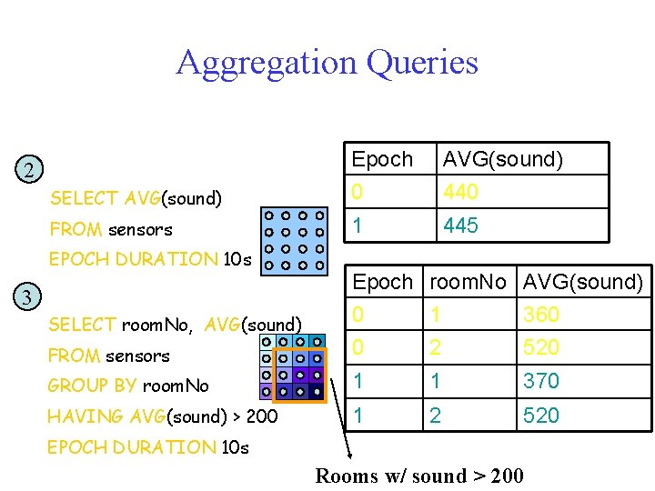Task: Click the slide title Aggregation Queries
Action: [327, 63]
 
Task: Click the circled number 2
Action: [30, 170]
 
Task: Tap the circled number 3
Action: [28, 296]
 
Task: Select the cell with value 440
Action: [460, 192]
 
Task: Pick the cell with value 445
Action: [460, 225]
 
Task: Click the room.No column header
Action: [468, 282]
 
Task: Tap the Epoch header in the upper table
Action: [382, 159]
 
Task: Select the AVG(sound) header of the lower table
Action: [583, 282]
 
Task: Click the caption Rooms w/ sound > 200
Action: [418, 476]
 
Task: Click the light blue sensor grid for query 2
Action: [294, 241]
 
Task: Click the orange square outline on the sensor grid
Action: [299, 374]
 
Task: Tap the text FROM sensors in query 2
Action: [111, 229]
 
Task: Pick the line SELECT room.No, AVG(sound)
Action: [175, 325]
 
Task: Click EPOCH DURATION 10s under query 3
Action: [148, 447]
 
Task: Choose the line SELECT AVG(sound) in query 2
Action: [136, 198]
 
